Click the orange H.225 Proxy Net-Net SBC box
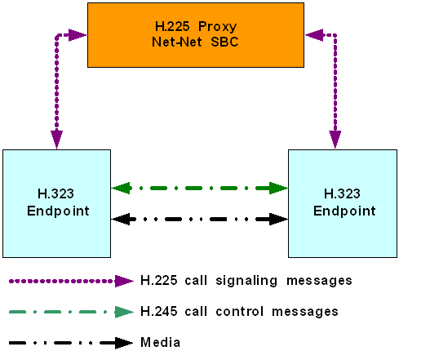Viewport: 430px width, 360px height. click(x=195, y=33)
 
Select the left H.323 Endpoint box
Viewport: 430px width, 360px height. click(x=56, y=202)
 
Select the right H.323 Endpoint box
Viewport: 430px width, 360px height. click(x=343, y=202)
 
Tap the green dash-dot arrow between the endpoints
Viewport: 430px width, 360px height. click(x=200, y=188)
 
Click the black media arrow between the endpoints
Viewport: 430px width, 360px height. click(x=200, y=219)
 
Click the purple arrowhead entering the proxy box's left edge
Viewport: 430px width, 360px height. click(x=78, y=35)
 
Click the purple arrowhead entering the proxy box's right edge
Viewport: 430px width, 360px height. click(x=313, y=35)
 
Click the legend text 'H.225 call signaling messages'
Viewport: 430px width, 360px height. click(x=246, y=281)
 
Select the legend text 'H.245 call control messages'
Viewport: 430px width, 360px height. click(x=238, y=311)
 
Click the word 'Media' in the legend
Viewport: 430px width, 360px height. click(x=160, y=342)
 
